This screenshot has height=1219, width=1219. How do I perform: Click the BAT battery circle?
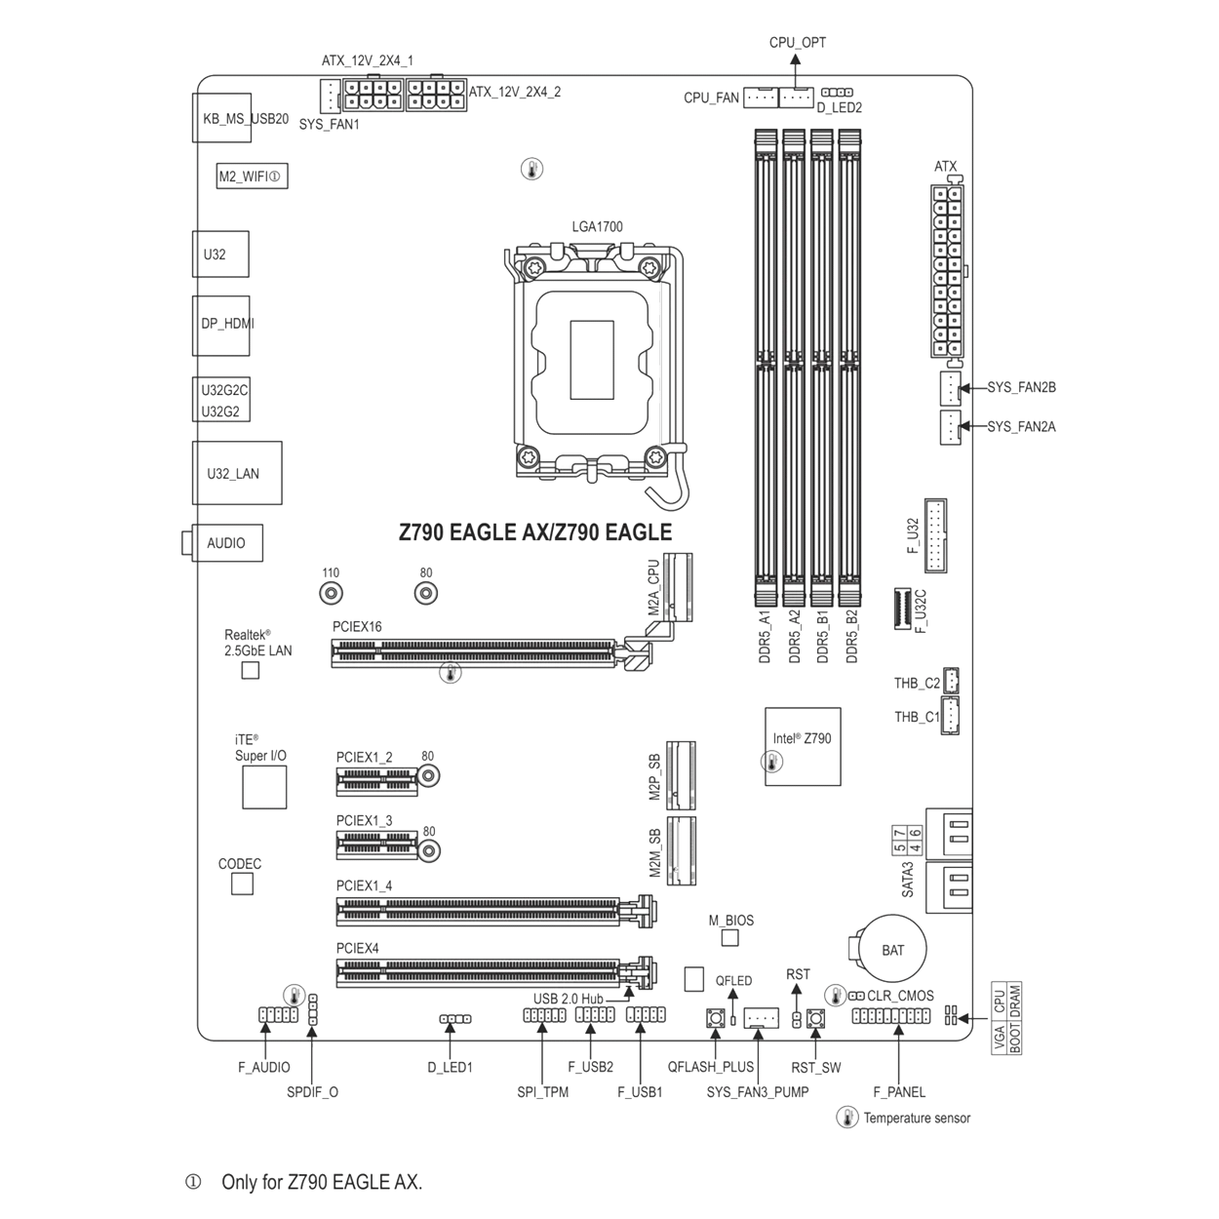click(891, 949)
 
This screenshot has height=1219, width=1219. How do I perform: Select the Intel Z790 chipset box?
click(803, 746)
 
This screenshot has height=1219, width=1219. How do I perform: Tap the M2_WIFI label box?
click(252, 177)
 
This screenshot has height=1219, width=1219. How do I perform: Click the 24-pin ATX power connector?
click(946, 272)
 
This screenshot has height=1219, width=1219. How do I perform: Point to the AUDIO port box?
click(226, 543)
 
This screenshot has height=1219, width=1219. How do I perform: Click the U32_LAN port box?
click(237, 473)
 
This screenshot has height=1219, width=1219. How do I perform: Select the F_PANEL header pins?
click(890, 1016)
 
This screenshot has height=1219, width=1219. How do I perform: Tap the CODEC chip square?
click(242, 884)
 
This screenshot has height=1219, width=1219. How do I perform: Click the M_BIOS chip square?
click(729, 937)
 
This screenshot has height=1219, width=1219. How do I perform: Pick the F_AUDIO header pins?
click(277, 1015)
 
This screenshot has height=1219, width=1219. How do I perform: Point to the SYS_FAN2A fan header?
click(950, 427)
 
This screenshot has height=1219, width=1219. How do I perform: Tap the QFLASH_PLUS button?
click(715, 1019)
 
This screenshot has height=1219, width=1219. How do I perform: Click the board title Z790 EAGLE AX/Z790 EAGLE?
click(535, 532)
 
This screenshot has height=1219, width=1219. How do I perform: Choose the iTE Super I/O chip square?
click(264, 787)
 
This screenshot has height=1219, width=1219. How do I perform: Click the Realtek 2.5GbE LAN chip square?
click(251, 670)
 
